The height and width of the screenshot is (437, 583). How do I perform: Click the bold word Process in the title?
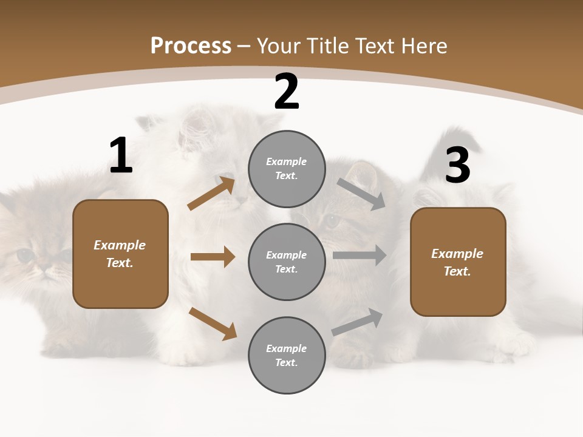pos(191,46)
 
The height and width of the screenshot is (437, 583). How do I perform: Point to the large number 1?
pos(121,156)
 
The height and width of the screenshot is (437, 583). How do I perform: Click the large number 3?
pos(457,165)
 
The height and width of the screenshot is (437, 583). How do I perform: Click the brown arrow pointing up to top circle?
pos(211,194)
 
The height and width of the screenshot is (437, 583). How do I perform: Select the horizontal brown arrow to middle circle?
pos(213,257)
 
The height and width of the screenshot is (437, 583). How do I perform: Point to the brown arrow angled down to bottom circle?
pos(213,323)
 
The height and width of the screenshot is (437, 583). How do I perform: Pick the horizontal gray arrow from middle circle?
pos(360,256)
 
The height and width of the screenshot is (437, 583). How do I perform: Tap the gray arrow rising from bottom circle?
pos(357,322)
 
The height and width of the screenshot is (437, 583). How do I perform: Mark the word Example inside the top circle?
pos(286,162)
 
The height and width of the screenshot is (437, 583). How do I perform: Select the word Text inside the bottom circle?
pos(285,362)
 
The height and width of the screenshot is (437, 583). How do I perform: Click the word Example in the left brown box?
pos(120,245)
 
